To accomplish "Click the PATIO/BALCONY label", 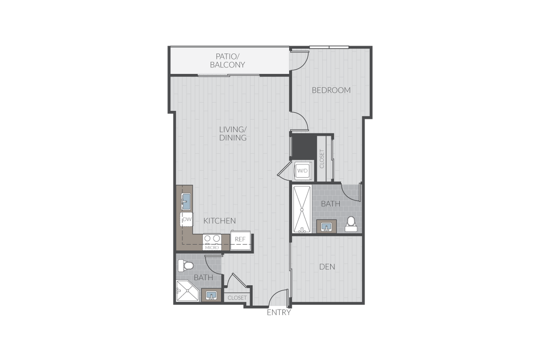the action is point(227,61).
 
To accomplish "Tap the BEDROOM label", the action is point(331,90).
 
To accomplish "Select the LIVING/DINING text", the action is point(233,134).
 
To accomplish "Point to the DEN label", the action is point(327,266).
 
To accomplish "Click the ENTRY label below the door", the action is point(279,312).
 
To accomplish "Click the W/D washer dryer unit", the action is point(303,171).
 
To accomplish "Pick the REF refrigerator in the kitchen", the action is point(240,240).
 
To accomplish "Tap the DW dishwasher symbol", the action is point(187,219).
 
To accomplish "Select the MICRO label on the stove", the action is point(212,247).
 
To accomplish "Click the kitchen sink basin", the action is point(186,202).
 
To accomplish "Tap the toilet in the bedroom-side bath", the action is point(351,224).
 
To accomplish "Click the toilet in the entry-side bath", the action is point(186,266).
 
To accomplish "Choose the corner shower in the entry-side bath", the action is point(188,291).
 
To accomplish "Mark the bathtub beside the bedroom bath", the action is point(302,209).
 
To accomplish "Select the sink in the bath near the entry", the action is point(211,295).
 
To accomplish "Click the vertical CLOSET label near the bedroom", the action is point(321,159).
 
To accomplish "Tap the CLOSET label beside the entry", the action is point(237,298).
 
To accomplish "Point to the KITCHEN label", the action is point(219,221).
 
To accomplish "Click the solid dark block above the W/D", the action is point(304,147).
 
